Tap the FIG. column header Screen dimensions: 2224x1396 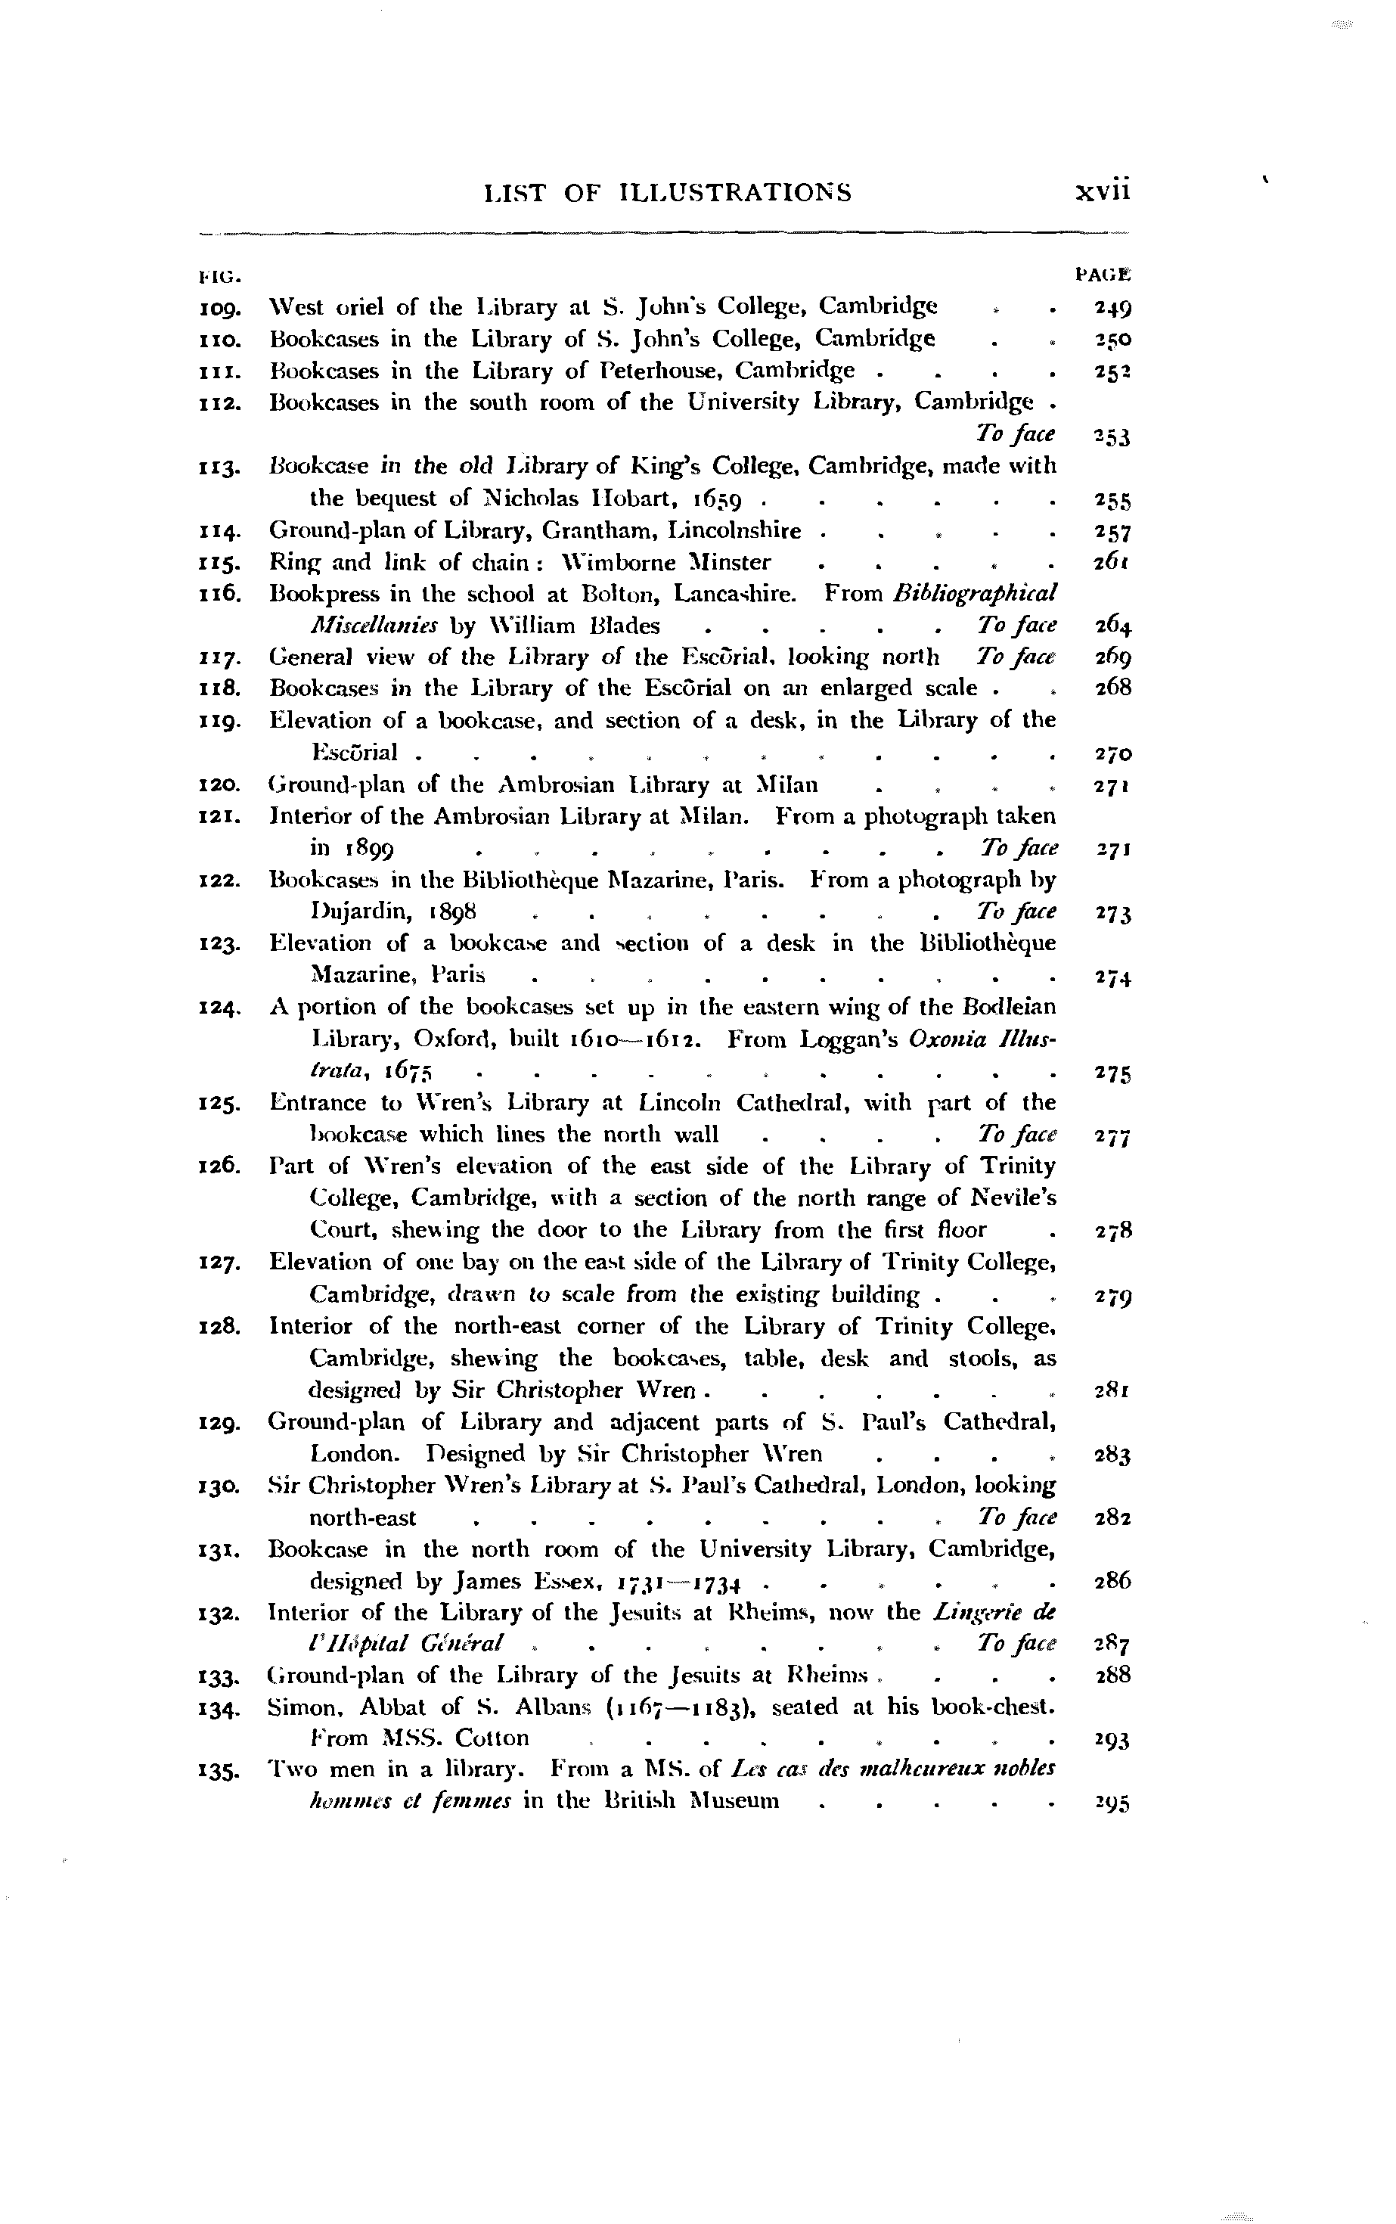tap(217, 275)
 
